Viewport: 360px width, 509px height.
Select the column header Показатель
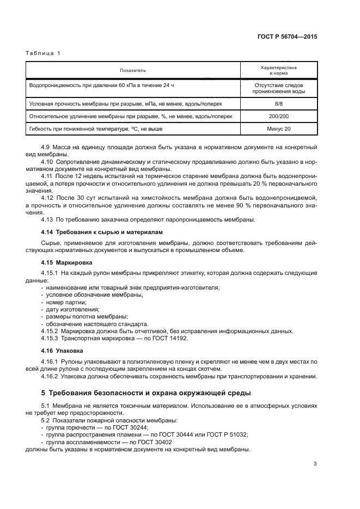(133, 70)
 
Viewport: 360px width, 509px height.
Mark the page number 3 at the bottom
(315, 464)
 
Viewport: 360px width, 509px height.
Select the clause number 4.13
(47, 219)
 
